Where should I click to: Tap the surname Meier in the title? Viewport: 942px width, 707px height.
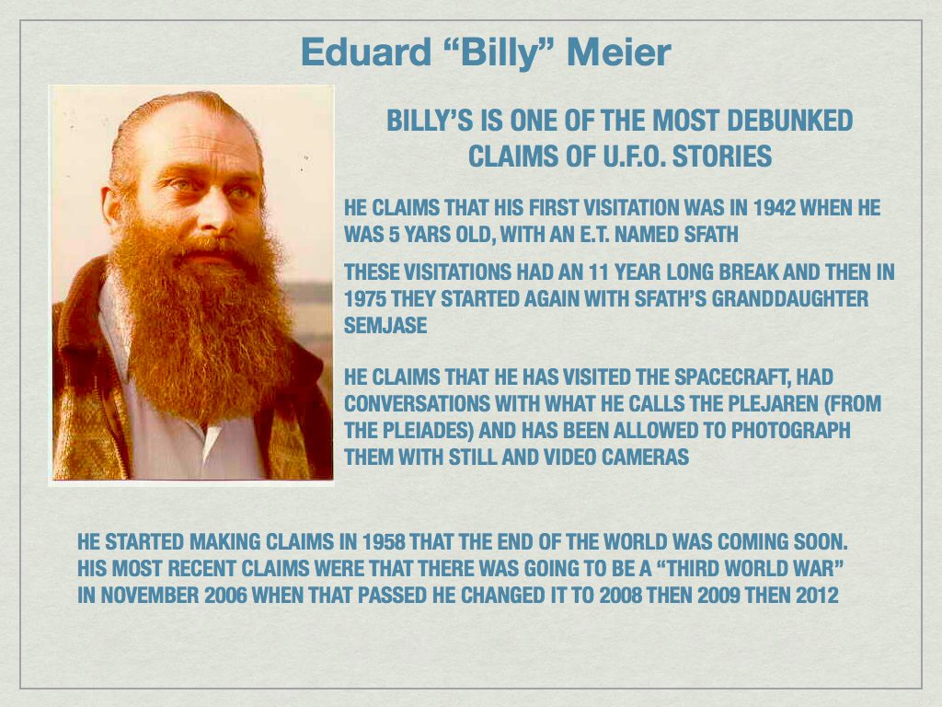619,53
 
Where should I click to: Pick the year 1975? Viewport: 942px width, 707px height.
365,299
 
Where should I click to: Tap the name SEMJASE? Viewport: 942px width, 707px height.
385,326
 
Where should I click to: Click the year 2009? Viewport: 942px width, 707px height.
724,595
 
